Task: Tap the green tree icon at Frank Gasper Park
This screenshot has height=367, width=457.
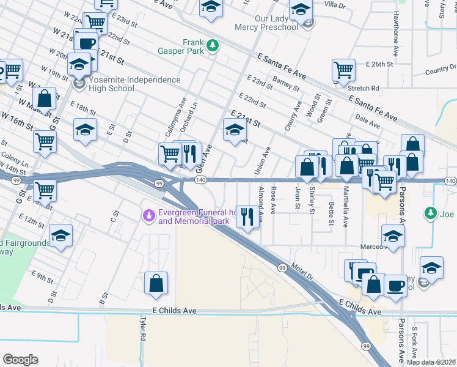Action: tap(213, 45)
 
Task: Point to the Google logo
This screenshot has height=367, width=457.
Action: tap(20, 360)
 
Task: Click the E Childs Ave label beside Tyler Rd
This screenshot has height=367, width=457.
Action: tap(175, 311)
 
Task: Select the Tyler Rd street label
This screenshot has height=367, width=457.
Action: tap(142, 330)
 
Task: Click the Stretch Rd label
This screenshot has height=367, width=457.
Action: tap(364, 88)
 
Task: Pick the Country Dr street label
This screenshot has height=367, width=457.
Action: tap(440, 71)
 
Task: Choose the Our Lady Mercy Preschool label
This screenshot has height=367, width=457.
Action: tap(270, 22)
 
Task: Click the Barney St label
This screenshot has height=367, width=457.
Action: tap(286, 84)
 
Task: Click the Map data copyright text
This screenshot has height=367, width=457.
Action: tap(431, 362)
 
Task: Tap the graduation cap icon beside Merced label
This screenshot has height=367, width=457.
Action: tap(393, 235)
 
